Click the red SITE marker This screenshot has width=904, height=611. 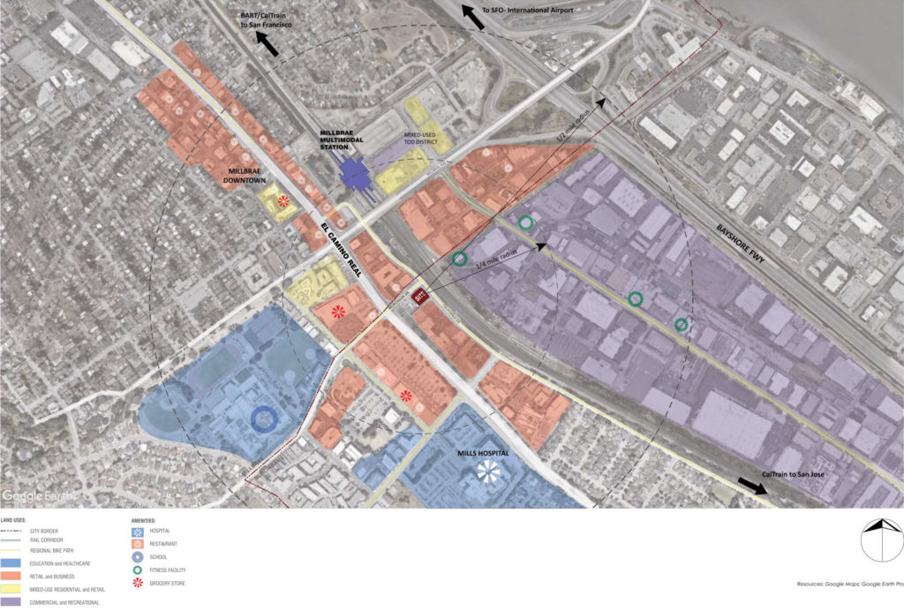point(421,298)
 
